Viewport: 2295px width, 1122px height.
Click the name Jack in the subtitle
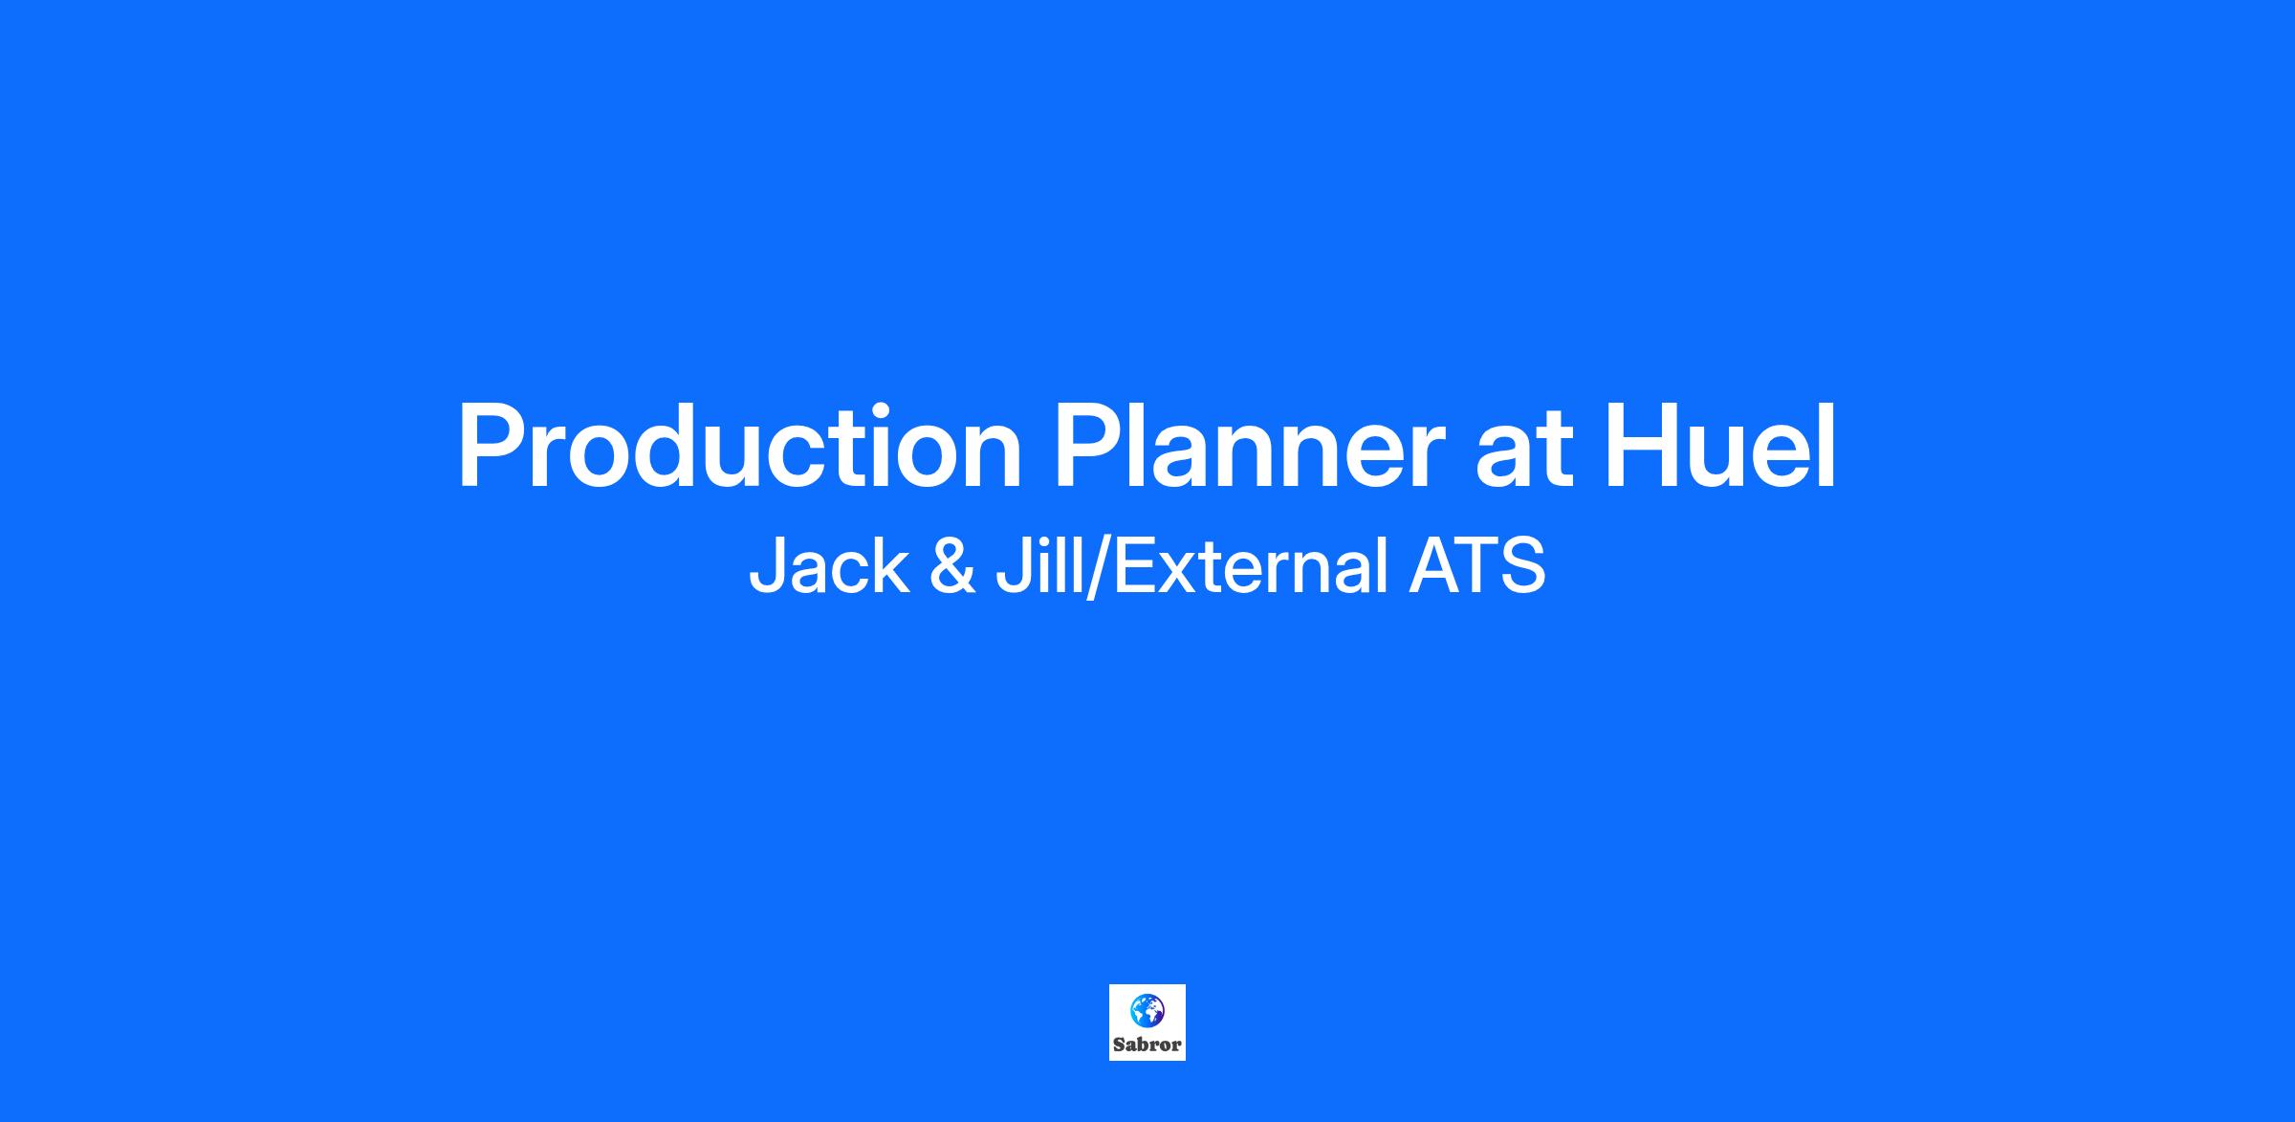coord(828,565)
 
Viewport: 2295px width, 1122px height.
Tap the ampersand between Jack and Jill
coord(951,566)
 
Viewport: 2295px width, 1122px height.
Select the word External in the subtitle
coord(1251,565)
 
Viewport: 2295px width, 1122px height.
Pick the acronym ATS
coord(1476,566)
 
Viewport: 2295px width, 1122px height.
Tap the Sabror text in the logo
coord(1147,1045)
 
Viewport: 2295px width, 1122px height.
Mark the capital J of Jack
coord(767,566)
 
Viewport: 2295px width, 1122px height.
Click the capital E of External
coord(1135,566)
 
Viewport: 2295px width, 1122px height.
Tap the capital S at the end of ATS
coord(1523,566)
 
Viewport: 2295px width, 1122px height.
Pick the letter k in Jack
coord(892,565)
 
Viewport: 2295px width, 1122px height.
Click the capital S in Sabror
coord(1119,1045)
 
